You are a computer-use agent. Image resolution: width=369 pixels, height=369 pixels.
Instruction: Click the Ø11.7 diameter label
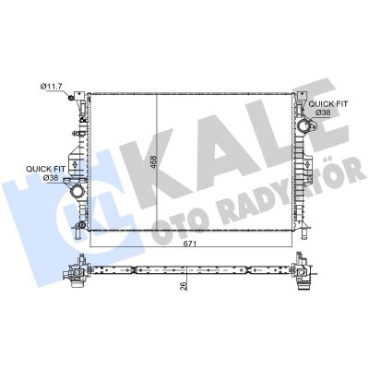[x=52, y=87]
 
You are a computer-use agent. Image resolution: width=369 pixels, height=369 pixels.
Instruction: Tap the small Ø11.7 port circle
[x=70, y=98]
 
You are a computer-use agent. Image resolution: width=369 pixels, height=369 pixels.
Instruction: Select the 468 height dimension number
[x=153, y=161]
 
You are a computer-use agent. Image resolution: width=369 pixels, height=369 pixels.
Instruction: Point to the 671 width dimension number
[x=190, y=244]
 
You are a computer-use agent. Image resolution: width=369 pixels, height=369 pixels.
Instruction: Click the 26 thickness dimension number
[x=184, y=285]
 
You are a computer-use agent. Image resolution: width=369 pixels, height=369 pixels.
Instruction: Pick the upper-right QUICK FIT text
[x=328, y=104]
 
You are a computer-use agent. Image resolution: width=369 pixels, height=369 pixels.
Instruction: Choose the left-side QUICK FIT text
[x=45, y=169]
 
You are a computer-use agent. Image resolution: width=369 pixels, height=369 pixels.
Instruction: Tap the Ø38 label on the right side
[x=323, y=113]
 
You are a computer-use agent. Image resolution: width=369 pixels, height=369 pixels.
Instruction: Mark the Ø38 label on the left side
[x=51, y=177]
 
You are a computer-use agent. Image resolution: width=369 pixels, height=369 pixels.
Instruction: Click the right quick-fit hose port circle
[x=304, y=126]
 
